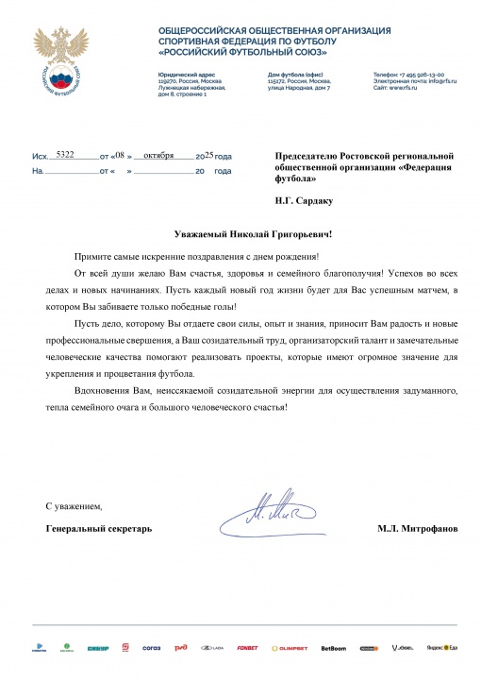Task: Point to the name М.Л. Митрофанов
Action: pyautogui.click(x=416, y=528)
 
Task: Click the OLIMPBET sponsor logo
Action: pyautogui.click(x=290, y=648)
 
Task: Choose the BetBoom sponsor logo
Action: pyautogui.click(x=333, y=648)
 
